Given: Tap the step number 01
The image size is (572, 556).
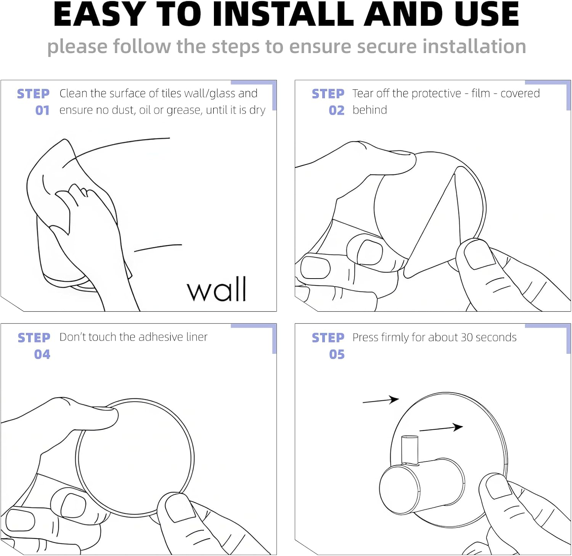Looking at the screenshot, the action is [x=42, y=111].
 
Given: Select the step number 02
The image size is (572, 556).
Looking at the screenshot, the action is [x=337, y=111].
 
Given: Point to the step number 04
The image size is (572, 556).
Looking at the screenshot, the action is [x=42, y=355].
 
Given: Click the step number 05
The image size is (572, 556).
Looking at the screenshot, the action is [x=337, y=355].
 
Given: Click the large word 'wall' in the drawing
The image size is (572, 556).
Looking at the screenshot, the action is [x=217, y=289].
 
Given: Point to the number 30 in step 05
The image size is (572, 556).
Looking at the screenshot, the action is [x=467, y=337].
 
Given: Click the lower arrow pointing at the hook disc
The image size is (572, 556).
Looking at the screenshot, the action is [x=441, y=428].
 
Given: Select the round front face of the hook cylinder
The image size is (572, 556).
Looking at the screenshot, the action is [x=400, y=489].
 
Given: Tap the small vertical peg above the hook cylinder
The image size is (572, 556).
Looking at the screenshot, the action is [x=410, y=450].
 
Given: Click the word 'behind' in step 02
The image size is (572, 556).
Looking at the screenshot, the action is [x=370, y=110].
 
